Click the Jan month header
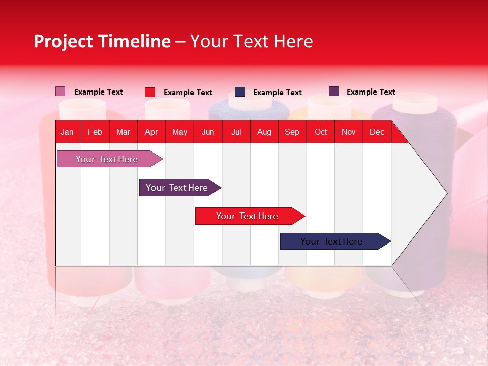pos(67,132)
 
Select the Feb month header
pos(95,132)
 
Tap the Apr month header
pos(151,132)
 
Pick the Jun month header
pos(208,132)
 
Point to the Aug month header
pos(264,132)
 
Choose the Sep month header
pos(292,132)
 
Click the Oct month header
pos(321,132)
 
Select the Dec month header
pos(377,132)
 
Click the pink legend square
pos(60,91)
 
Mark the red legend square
pos(150,92)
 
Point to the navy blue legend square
pos(240,92)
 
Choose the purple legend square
pos(334,91)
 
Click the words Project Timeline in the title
pos(102,41)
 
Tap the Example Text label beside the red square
pos(188,93)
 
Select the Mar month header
pos(123,132)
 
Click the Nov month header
pos(349,132)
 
